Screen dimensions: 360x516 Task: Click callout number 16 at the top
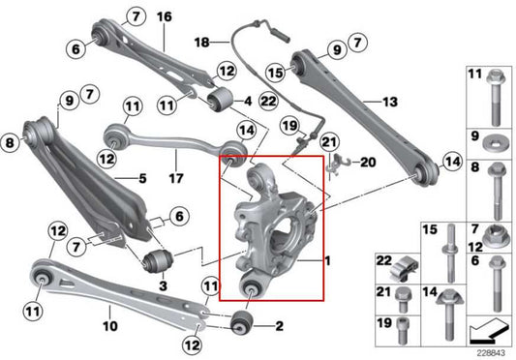click(163, 16)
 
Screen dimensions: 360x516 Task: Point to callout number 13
click(390, 101)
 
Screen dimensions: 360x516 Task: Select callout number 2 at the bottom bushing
click(279, 327)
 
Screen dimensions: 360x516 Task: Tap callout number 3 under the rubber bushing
click(163, 287)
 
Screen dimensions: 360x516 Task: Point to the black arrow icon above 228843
click(486, 332)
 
